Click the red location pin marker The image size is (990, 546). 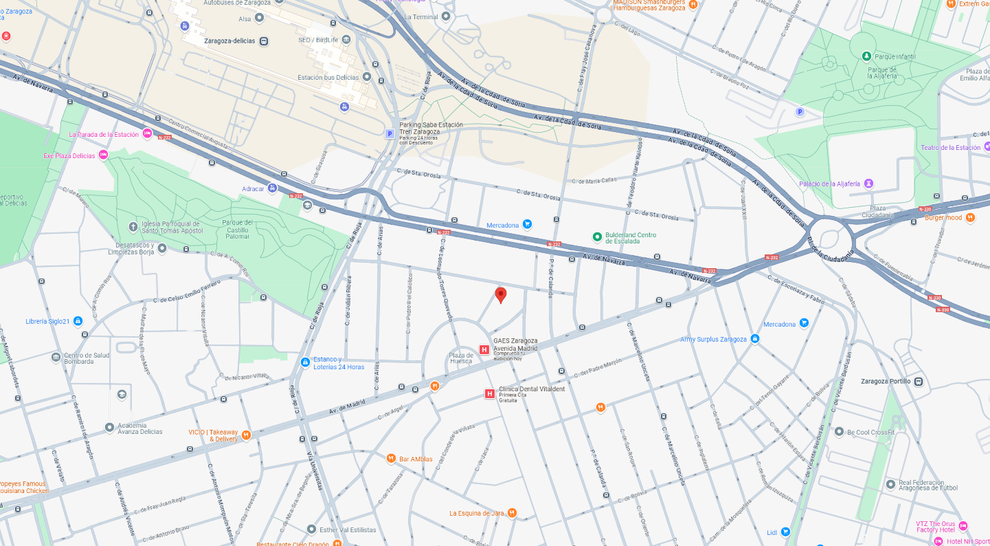point(501,294)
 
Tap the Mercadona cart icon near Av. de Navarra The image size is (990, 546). point(527,224)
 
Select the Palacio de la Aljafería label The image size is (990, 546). point(829,184)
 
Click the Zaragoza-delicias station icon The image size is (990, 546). point(263,41)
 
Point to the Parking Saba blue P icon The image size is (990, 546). point(390,134)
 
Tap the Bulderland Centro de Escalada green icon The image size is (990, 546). point(597,237)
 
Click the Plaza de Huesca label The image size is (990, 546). point(461,358)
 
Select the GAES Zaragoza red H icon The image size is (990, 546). point(484,349)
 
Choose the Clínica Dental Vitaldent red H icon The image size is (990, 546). point(489,394)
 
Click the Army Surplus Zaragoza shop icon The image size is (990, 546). point(754,339)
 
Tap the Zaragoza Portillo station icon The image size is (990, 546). point(919,381)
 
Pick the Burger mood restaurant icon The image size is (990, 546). point(970,218)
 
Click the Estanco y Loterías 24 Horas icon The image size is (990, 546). point(305,362)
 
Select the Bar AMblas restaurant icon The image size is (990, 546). point(391,459)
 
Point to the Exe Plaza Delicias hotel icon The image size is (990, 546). point(103,155)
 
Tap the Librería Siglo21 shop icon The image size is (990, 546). point(78,321)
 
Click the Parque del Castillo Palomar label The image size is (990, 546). point(237,228)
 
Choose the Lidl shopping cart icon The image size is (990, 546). point(785,532)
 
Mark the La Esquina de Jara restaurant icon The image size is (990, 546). point(512,513)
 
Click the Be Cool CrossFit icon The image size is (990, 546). point(839,432)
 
